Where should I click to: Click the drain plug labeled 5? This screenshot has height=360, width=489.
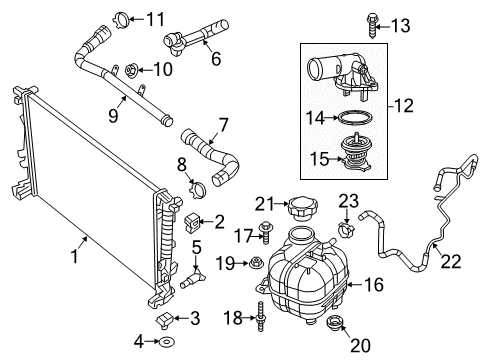pyautogui.click(x=196, y=270)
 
